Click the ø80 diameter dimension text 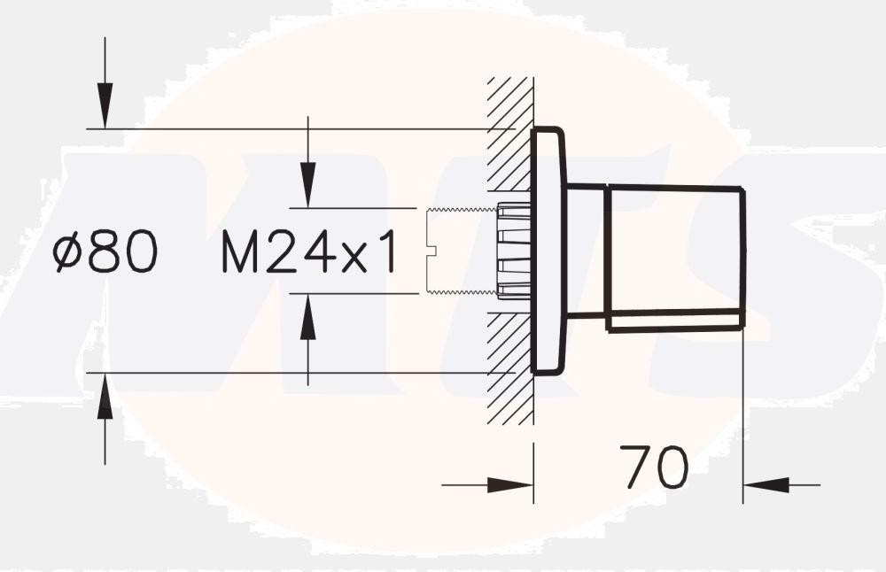click(x=105, y=251)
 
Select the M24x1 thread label click(x=307, y=251)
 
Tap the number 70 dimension click(x=653, y=468)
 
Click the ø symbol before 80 click(x=66, y=252)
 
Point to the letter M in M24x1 click(x=238, y=251)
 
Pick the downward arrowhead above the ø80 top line click(x=105, y=106)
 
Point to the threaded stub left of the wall click(x=461, y=251)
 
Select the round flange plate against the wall click(x=547, y=251)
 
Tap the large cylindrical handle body click(x=673, y=257)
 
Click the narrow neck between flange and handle click(x=585, y=251)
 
